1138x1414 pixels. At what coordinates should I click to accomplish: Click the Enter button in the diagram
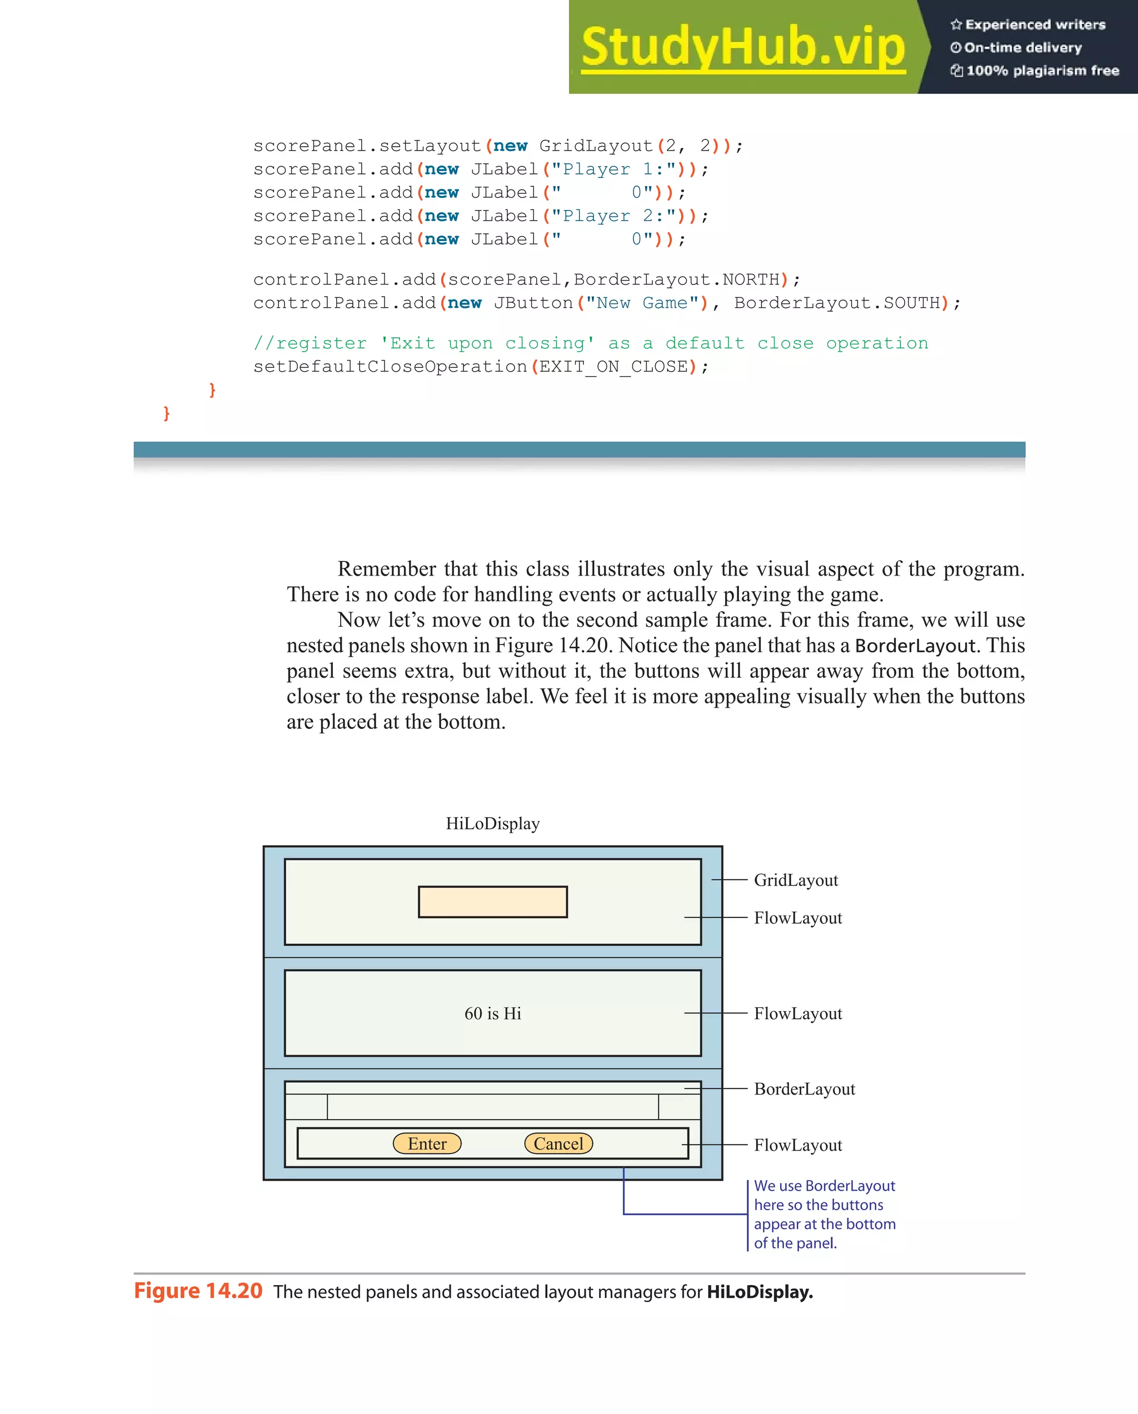427,1144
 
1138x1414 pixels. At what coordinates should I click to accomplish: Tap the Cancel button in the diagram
558,1144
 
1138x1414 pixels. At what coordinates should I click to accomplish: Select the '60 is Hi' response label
492,1014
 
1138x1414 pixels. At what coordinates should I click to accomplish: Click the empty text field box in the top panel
492,902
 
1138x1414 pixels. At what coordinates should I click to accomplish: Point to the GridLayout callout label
796,880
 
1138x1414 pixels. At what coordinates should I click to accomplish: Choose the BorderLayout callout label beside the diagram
804,1090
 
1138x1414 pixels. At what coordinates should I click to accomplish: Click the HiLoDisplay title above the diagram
492,824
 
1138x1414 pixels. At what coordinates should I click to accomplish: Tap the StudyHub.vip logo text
743,47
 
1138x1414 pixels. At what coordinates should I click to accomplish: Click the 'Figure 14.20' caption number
198,1291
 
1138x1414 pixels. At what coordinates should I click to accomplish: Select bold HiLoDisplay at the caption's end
760,1292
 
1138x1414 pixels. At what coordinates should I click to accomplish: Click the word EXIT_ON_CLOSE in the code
613,367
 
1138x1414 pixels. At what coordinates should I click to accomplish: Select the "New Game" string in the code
643,303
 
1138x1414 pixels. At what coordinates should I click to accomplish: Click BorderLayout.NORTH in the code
676,280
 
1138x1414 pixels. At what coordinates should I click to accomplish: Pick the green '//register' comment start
310,343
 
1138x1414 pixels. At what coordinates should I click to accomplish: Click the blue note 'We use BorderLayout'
824,1186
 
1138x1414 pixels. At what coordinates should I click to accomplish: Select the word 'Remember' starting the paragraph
386,568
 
